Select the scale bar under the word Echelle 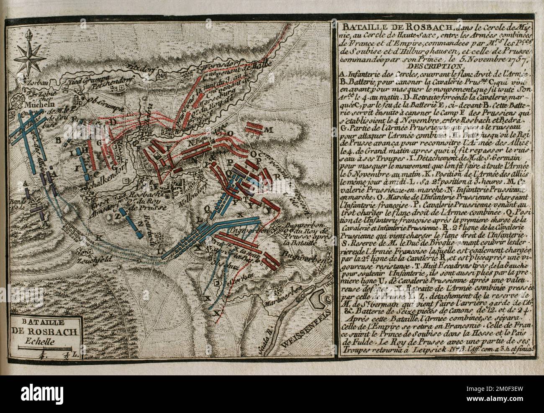(46, 347)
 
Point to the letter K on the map (98, 237)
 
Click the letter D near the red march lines (112, 122)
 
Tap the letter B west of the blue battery (58, 139)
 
